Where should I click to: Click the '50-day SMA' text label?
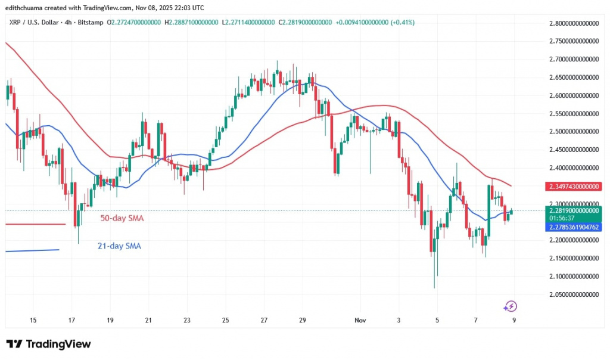(121, 218)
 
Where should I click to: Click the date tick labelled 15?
(33, 320)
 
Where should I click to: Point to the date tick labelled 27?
(264, 320)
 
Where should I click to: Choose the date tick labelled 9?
(513, 320)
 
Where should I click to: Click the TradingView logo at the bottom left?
(49, 344)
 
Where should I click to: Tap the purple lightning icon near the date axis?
(510, 306)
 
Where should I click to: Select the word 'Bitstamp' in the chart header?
(90, 23)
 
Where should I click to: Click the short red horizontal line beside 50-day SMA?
(35, 224)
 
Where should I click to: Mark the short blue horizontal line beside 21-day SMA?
(32, 250)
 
